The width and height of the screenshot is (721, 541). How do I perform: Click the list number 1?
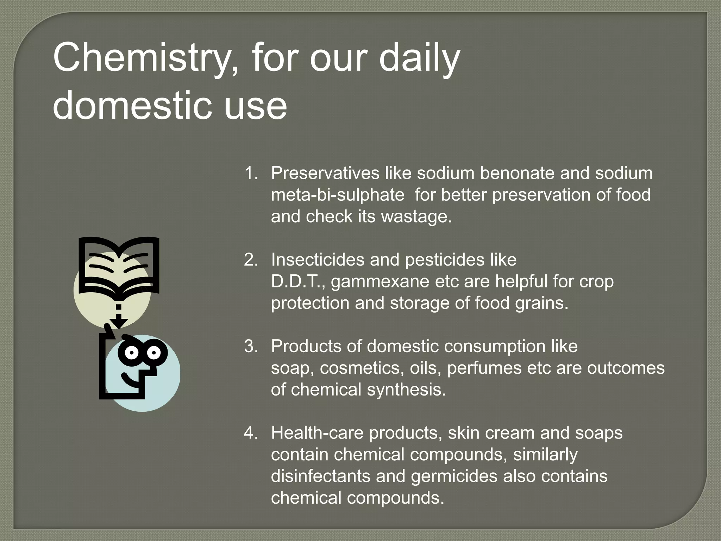click(x=251, y=173)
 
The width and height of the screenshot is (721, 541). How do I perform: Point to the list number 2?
click(x=251, y=260)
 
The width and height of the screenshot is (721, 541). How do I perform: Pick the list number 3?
click(x=251, y=347)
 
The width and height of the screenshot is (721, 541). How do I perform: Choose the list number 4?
click(x=251, y=433)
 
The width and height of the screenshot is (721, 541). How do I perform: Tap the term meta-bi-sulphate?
click(x=338, y=195)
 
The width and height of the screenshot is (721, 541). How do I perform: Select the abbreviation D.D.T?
click(x=298, y=281)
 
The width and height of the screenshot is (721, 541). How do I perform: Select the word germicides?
click(x=454, y=477)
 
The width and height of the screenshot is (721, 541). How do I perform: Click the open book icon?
click(x=119, y=266)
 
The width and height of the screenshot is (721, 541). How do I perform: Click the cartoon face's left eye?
click(x=131, y=352)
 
